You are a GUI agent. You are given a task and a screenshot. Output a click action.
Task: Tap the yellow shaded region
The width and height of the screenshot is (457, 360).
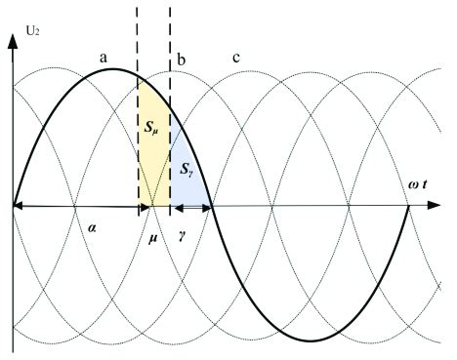coord(152,161)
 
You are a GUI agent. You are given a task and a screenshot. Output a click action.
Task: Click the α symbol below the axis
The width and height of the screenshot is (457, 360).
coord(90,225)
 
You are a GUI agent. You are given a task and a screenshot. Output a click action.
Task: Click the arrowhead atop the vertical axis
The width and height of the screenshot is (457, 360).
coord(13,37)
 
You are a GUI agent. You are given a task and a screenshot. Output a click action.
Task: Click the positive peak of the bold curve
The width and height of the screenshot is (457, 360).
coord(113,68)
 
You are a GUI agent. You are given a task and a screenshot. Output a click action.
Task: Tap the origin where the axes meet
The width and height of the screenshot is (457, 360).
coord(13,206)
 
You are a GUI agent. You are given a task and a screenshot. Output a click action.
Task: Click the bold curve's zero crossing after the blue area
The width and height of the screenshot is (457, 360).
coord(212,206)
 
